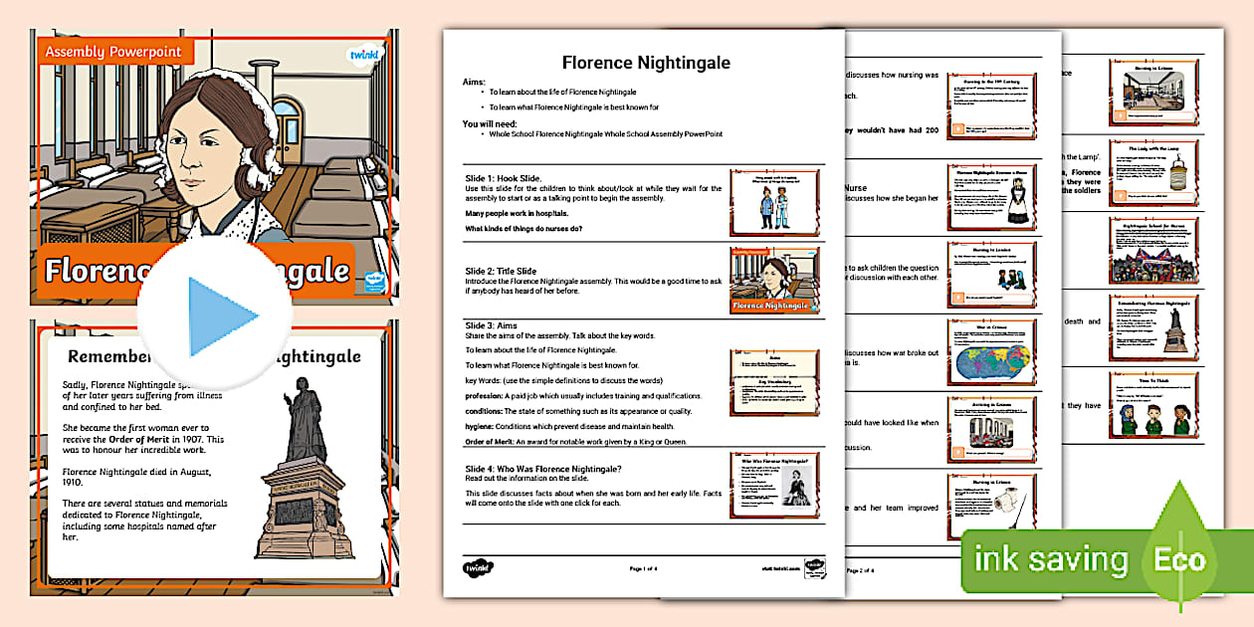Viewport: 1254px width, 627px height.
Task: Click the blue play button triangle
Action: click(x=221, y=316)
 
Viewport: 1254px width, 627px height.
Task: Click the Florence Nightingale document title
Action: click(x=645, y=63)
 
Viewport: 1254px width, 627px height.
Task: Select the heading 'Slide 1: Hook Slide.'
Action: click(x=504, y=178)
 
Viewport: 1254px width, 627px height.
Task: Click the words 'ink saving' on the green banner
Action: click(x=1053, y=558)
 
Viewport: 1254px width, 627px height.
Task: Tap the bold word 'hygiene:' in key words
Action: click(x=485, y=427)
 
